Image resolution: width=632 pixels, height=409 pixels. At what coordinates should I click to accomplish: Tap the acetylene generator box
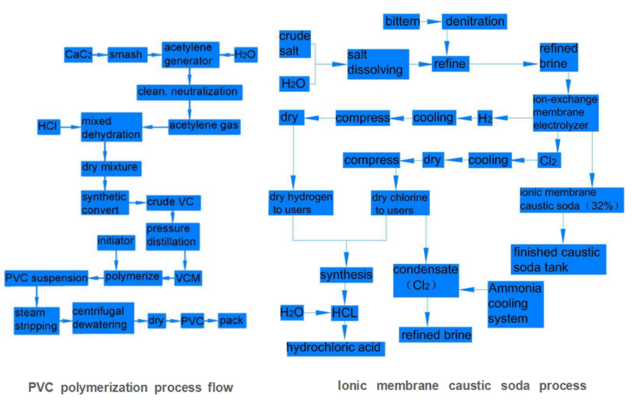187,54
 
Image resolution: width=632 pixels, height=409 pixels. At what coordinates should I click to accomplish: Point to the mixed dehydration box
111,126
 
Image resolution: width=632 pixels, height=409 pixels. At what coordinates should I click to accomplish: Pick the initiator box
114,241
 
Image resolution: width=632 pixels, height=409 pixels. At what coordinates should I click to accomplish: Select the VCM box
187,278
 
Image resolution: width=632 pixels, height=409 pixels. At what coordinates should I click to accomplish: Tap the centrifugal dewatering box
102,319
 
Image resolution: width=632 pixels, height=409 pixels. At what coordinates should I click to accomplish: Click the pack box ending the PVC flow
231,321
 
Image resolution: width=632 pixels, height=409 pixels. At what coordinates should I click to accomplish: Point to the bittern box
402,21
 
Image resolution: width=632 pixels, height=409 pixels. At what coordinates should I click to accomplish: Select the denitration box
475,21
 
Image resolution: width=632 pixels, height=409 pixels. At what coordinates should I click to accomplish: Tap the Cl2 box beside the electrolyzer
548,160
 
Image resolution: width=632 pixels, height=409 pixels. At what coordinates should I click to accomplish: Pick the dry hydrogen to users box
301,203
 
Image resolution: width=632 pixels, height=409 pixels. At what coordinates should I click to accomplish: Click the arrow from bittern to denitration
431,21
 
